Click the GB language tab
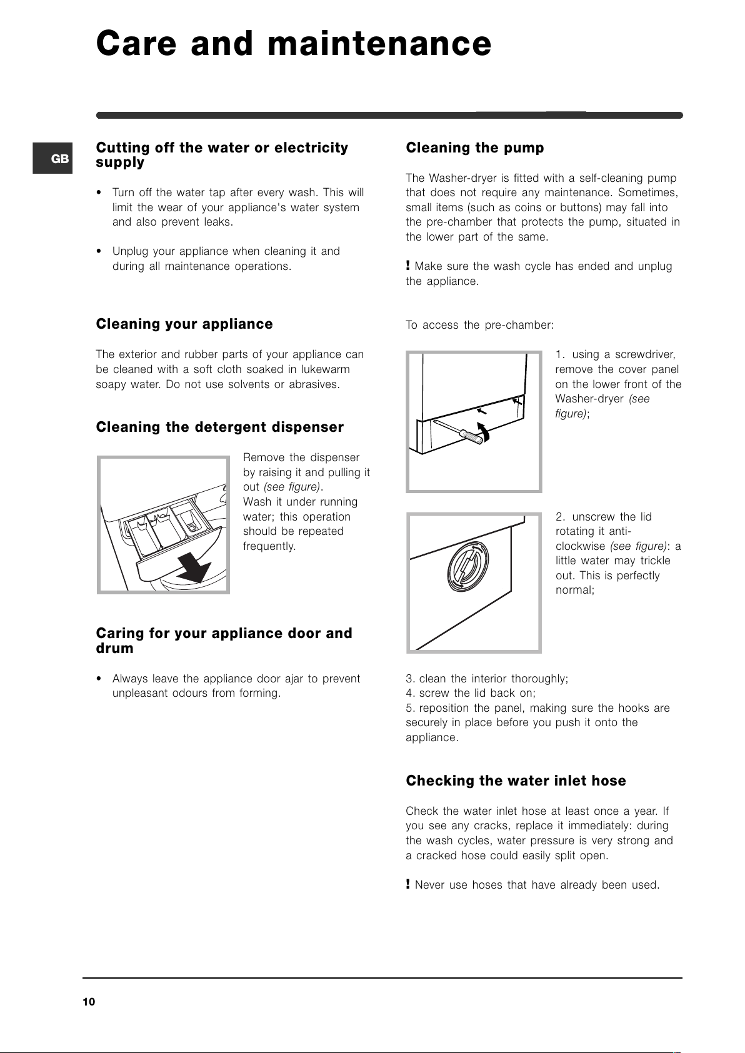tap(52, 159)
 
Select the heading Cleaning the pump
tap(475, 147)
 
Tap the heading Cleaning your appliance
tap(184, 324)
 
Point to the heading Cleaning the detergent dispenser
tap(220, 427)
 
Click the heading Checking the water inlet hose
tap(516, 781)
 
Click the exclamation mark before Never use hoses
tap(408, 884)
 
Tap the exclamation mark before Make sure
tap(408, 266)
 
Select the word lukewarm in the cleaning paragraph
tap(325, 369)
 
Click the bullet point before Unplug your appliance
tap(99, 251)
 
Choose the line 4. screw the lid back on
tap(471, 693)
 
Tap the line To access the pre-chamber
tap(480, 325)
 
